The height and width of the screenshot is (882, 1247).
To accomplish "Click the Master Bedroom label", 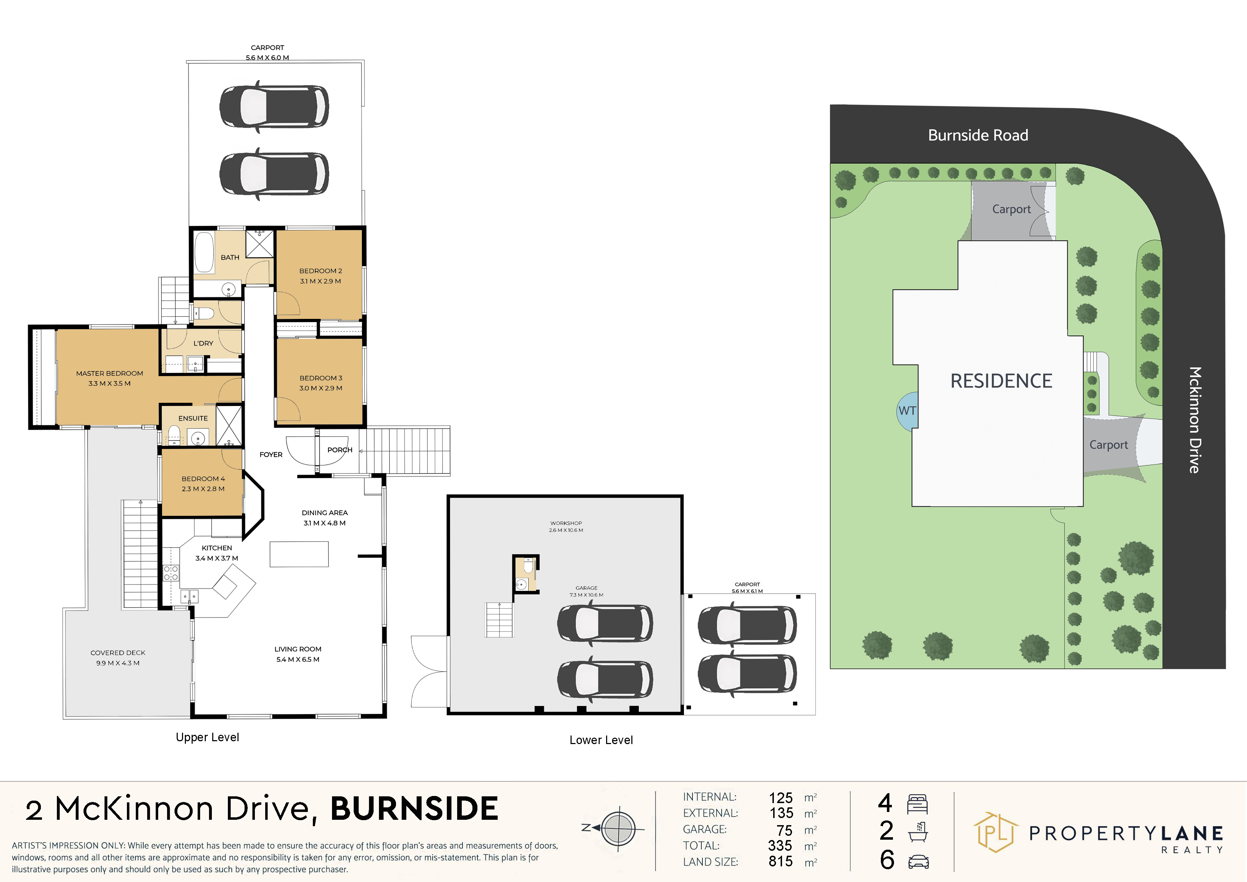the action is (x=110, y=373).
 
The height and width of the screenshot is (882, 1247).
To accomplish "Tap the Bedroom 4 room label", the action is (x=203, y=479).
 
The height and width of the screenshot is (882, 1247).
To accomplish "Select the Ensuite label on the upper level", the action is (x=193, y=418).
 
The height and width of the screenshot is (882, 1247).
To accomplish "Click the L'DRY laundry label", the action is (x=203, y=343).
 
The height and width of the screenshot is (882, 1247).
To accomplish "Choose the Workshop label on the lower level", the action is (x=566, y=523).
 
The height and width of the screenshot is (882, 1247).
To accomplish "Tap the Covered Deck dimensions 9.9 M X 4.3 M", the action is (x=118, y=663).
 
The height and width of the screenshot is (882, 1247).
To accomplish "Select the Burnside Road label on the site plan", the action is (x=978, y=135).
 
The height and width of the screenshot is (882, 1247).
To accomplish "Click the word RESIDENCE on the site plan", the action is (x=1001, y=381).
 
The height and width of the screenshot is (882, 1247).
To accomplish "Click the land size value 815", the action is (x=781, y=861).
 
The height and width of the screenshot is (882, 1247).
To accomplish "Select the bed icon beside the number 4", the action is (x=917, y=804).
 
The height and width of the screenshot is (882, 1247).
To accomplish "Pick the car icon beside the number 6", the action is (x=918, y=861).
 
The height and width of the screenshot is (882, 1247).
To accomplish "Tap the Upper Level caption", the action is (x=208, y=737).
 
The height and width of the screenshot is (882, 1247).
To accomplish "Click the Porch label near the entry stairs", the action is (x=340, y=450).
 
